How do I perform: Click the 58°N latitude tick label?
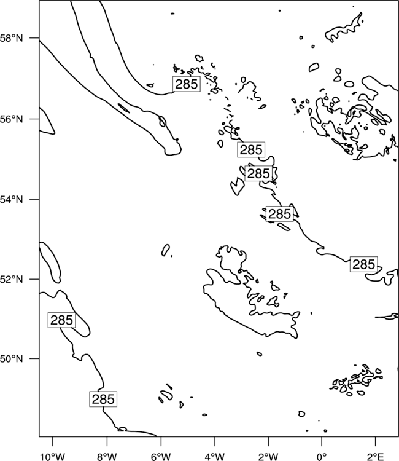click(x=12, y=38)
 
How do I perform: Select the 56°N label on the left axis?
click(x=12, y=119)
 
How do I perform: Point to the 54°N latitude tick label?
click(x=12, y=199)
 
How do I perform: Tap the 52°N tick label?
click(x=12, y=279)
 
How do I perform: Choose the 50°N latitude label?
click(x=12, y=359)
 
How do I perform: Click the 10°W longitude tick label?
click(x=53, y=457)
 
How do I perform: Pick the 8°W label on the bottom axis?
click(x=107, y=457)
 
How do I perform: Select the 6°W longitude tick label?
click(x=161, y=457)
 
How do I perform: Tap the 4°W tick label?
click(x=215, y=457)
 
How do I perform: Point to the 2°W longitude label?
click(x=268, y=457)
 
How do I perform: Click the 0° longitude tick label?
click(x=322, y=457)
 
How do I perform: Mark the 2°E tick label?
click(x=376, y=457)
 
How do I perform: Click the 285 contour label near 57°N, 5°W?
click(x=187, y=84)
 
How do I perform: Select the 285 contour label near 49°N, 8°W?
click(x=103, y=400)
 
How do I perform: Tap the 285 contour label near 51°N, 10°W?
click(x=61, y=320)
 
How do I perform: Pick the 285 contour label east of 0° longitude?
click(x=363, y=264)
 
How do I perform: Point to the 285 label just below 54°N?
click(x=279, y=214)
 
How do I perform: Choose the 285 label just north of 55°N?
click(x=251, y=149)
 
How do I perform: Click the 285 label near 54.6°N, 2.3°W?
click(x=258, y=173)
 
